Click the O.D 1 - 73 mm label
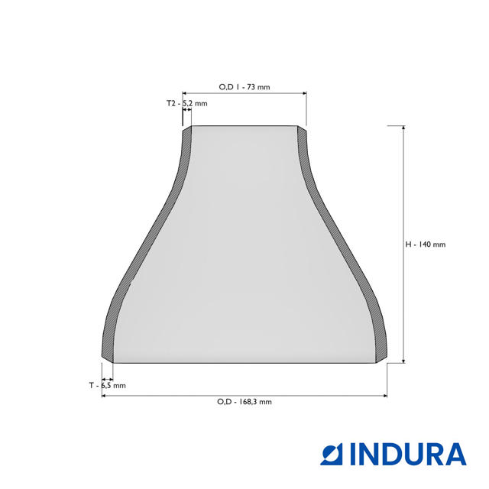tap(244, 87)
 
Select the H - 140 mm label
tap(425, 244)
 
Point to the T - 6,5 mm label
tap(107, 386)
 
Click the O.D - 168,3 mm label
tap(244, 402)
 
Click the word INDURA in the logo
tap(408, 454)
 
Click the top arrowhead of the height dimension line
tap(403, 129)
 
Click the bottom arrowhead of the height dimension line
tap(403, 360)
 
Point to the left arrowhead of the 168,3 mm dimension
tap(105, 396)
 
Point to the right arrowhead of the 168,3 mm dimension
tap(384, 396)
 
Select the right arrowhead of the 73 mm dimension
tap(303, 93)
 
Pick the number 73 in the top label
tap(251, 87)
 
